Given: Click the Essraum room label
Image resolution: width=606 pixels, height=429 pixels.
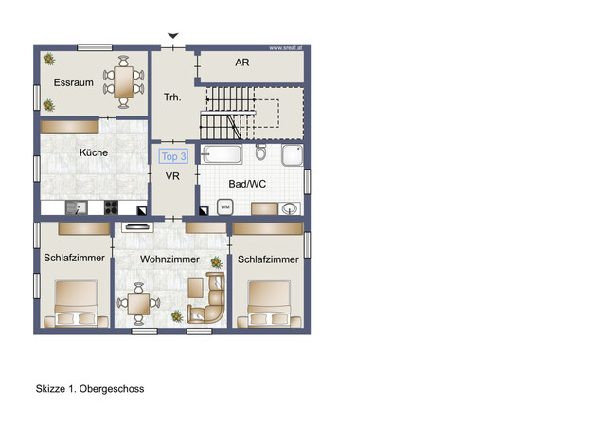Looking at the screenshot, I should (x=73, y=83).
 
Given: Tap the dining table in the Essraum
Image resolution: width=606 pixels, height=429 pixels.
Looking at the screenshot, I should (x=124, y=80).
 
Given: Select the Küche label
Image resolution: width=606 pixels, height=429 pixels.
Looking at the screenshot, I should (x=93, y=152).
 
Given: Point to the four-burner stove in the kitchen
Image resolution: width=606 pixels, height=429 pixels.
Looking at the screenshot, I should (x=110, y=207).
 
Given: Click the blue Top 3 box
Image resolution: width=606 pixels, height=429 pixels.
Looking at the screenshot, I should (x=174, y=157).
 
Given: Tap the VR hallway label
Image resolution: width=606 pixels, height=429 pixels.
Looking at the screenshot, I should (x=173, y=177).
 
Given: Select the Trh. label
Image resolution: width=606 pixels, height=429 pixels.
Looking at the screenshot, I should (x=172, y=97).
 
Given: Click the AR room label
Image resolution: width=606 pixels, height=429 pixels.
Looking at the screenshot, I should (x=241, y=62).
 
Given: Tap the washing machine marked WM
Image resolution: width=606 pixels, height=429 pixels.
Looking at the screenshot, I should (x=225, y=206).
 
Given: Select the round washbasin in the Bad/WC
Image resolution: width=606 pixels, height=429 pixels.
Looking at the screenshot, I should (x=290, y=207).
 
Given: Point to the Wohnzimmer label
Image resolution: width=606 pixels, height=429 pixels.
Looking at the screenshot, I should (x=169, y=259).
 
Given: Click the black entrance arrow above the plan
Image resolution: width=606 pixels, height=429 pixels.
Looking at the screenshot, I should (x=172, y=36).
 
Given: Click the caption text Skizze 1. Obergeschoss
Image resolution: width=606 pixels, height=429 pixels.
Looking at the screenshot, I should (x=90, y=389).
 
